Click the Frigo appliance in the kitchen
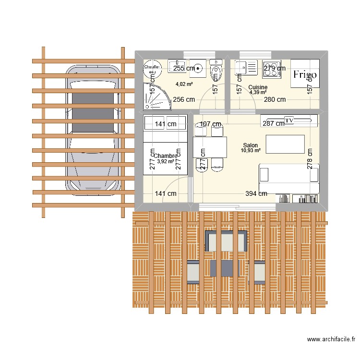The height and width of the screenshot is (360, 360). (305, 74)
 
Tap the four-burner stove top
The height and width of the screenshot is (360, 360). (271, 68)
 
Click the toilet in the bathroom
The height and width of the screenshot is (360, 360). (216, 70)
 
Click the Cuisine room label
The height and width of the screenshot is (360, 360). (258, 87)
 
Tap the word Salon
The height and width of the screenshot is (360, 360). (251, 145)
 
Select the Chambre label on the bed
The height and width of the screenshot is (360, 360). (166, 156)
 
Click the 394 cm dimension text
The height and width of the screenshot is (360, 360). (256, 193)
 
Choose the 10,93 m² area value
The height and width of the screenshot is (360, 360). (251, 151)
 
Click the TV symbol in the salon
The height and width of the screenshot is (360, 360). (289, 120)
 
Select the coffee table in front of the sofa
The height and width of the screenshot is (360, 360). (285, 144)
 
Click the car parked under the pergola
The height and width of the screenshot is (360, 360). (94, 130)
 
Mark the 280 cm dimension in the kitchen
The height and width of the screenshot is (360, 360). (275, 100)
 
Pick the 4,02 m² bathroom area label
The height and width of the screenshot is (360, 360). (184, 84)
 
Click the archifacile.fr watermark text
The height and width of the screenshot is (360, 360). (331, 340)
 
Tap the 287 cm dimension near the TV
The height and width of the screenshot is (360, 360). (273, 124)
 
